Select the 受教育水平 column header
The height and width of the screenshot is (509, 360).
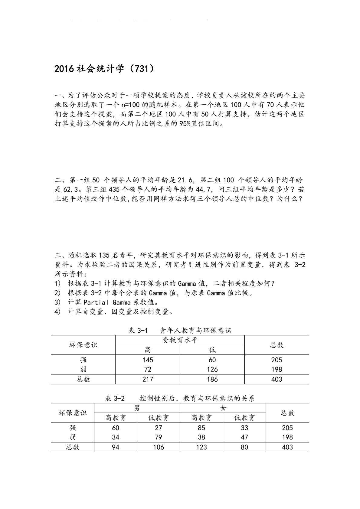point(180,340)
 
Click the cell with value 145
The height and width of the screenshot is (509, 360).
point(148,360)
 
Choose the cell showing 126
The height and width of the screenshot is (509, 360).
point(212,369)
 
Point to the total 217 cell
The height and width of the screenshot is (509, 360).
point(148,379)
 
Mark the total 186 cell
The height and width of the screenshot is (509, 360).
point(212,379)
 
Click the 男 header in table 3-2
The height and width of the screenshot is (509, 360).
point(137,408)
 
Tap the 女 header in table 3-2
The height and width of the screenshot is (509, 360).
point(223,408)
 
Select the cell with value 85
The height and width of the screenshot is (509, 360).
point(201,428)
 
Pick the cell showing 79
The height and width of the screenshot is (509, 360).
point(158,437)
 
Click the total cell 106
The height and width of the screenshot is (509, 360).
point(158,447)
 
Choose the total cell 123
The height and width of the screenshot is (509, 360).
point(201,447)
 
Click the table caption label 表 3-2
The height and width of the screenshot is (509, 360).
point(115,398)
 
